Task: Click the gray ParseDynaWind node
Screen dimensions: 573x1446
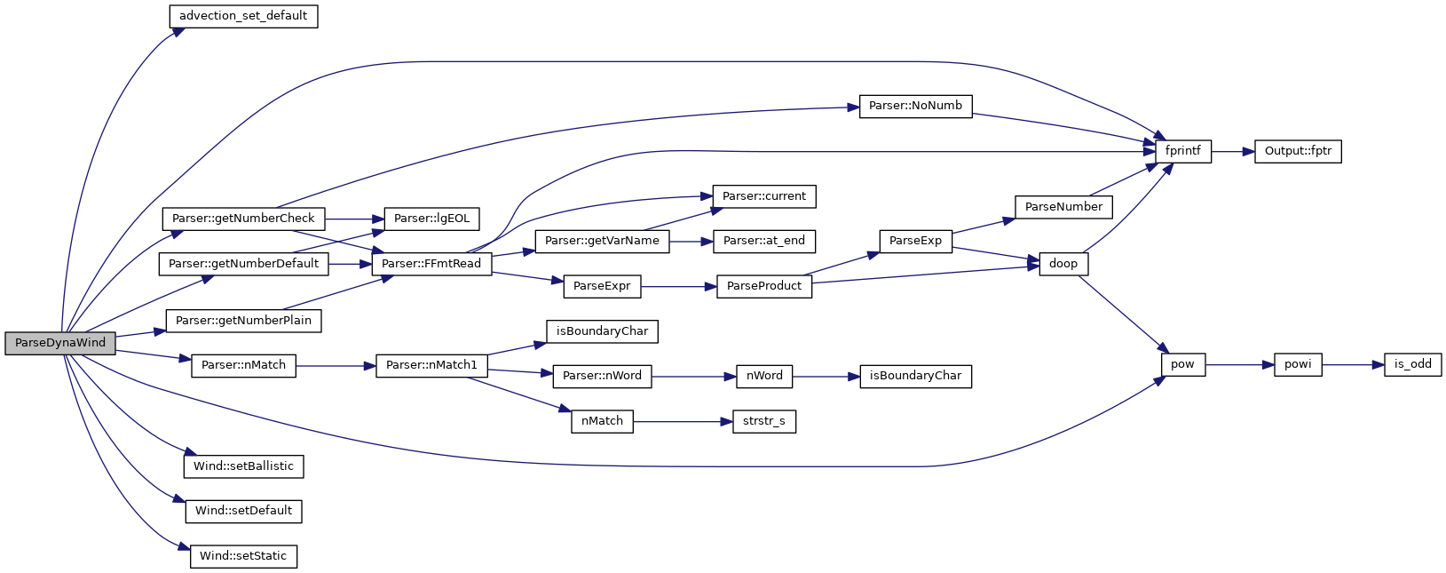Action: point(59,343)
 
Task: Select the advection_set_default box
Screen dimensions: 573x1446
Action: point(243,16)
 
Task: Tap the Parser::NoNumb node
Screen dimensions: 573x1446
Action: point(915,106)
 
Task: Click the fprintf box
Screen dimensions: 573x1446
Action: point(1182,151)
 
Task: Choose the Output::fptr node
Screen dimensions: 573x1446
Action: point(1298,151)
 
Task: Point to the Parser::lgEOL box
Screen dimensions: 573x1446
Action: point(431,219)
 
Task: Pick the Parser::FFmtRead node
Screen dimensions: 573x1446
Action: point(431,264)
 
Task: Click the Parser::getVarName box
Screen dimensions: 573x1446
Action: point(602,241)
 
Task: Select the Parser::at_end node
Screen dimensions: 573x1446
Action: point(764,241)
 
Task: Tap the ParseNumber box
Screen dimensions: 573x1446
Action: point(1063,207)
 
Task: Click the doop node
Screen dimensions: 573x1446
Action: point(1063,264)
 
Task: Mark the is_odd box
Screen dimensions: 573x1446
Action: point(1412,364)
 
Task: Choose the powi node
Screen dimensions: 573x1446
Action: point(1298,364)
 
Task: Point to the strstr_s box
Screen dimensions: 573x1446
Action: point(764,421)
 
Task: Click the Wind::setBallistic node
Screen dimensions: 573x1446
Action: point(243,466)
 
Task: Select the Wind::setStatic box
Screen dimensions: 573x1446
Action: point(243,556)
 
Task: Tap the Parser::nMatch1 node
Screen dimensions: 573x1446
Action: point(431,365)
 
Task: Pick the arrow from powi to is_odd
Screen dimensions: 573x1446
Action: point(1353,364)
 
